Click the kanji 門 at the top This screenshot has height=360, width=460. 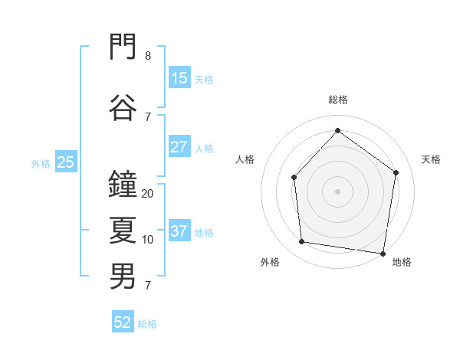(x=123, y=46)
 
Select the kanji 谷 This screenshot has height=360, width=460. (x=123, y=107)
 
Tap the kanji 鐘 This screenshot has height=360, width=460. (x=123, y=184)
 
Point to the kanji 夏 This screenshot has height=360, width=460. (x=123, y=230)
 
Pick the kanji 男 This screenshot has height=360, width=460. (x=123, y=277)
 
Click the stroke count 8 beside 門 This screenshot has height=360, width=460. (x=148, y=56)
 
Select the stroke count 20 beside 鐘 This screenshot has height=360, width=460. (x=147, y=194)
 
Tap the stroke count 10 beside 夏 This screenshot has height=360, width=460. (x=147, y=240)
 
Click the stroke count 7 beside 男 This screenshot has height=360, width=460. (x=148, y=286)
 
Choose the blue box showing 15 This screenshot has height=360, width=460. (x=179, y=77)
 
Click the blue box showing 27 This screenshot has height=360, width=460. (x=179, y=146)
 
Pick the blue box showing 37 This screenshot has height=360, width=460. (x=179, y=230)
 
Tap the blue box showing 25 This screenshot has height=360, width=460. (x=66, y=162)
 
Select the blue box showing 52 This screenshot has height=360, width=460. (x=123, y=321)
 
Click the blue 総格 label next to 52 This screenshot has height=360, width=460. (x=147, y=324)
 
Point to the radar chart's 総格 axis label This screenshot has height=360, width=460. (x=338, y=100)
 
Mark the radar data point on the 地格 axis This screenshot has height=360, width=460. (x=383, y=254)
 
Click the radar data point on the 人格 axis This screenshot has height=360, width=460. (x=294, y=178)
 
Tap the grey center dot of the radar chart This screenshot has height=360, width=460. (x=337, y=191)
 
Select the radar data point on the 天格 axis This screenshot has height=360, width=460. (x=396, y=172)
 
